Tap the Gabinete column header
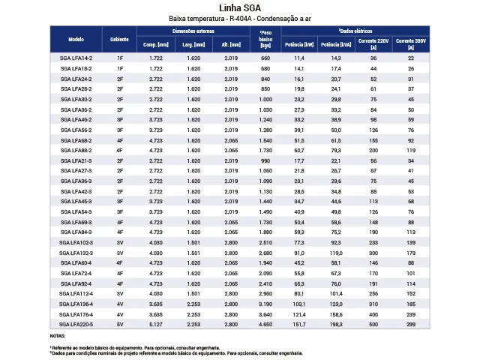pyautogui.click(x=119, y=38)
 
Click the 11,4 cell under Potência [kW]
pyautogui.click(x=299, y=58)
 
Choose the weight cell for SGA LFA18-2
pyautogui.click(x=265, y=68)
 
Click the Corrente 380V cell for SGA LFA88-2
pyautogui.click(x=410, y=150)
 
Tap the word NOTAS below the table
pyautogui.click(x=58, y=336)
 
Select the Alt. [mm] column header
pyautogui.click(x=230, y=45)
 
